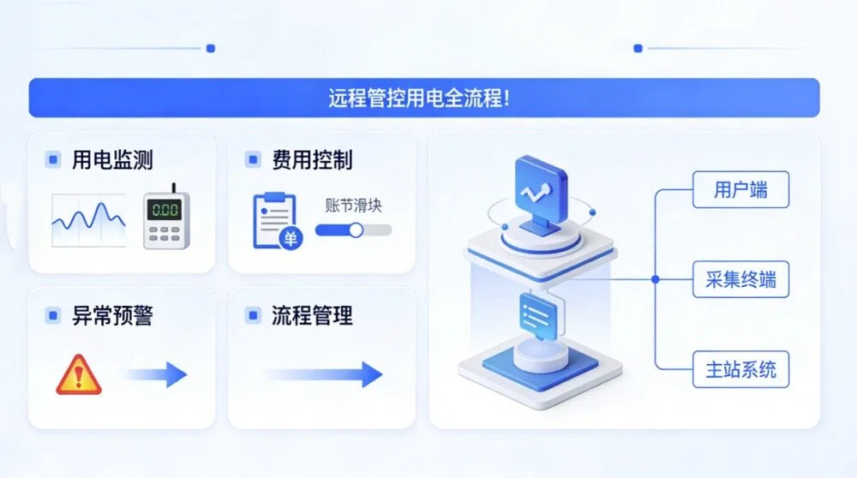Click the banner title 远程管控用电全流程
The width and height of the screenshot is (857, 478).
(419, 99)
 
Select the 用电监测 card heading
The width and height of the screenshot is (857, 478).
(112, 160)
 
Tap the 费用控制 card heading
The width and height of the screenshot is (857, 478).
(312, 160)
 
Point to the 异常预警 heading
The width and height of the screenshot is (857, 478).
(112, 316)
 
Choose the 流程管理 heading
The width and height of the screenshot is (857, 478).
(312, 316)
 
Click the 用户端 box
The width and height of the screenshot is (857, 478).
(740, 189)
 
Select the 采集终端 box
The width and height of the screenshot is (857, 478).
(740, 280)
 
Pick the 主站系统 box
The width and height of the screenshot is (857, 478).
(740, 370)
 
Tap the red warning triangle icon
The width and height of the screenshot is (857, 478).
(79, 374)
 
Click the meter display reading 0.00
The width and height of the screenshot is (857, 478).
(165, 211)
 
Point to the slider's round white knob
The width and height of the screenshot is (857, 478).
(356, 230)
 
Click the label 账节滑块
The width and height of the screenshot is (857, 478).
(353, 206)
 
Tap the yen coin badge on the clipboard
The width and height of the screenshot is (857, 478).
(291, 238)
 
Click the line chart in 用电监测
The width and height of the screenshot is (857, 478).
(88, 220)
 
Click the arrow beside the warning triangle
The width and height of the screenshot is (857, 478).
(155, 374)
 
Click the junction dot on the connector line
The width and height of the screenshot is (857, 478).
(656, 280)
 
